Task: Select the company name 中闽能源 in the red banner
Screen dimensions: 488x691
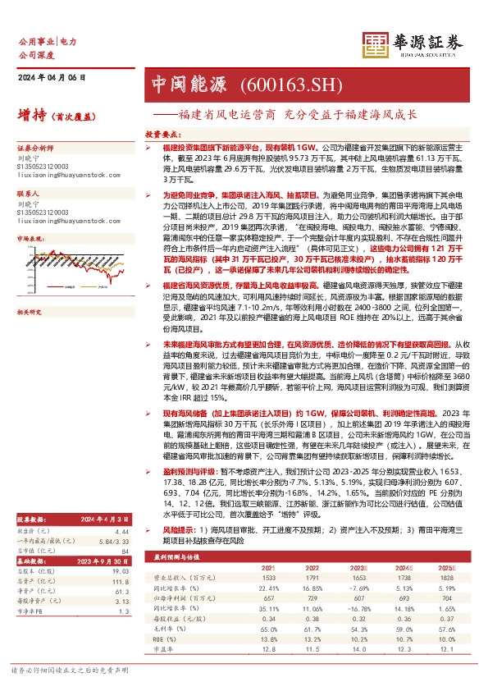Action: coord(180,83)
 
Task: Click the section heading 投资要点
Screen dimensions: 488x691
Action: coord(162,131)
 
